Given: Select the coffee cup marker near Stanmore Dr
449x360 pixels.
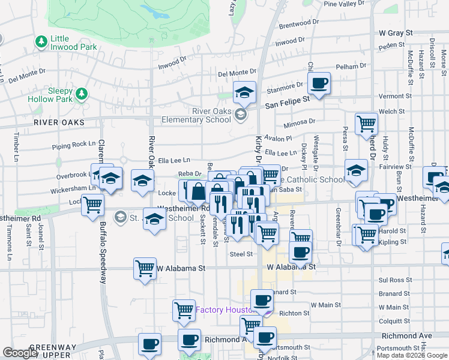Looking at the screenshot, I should tap(319, 83).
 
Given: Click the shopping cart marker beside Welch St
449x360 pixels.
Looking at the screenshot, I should tap(366, 124).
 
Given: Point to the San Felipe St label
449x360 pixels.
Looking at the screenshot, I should tap(287, 102).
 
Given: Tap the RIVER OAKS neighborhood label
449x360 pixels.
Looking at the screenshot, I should tap(59, 122).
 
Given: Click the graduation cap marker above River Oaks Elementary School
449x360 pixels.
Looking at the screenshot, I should tap(244, 92).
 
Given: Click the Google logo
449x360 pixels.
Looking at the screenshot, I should tap(20, 353).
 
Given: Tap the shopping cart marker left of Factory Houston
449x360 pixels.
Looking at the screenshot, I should tap(184, 310).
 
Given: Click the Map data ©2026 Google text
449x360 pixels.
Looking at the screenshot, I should tap(412, 355).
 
